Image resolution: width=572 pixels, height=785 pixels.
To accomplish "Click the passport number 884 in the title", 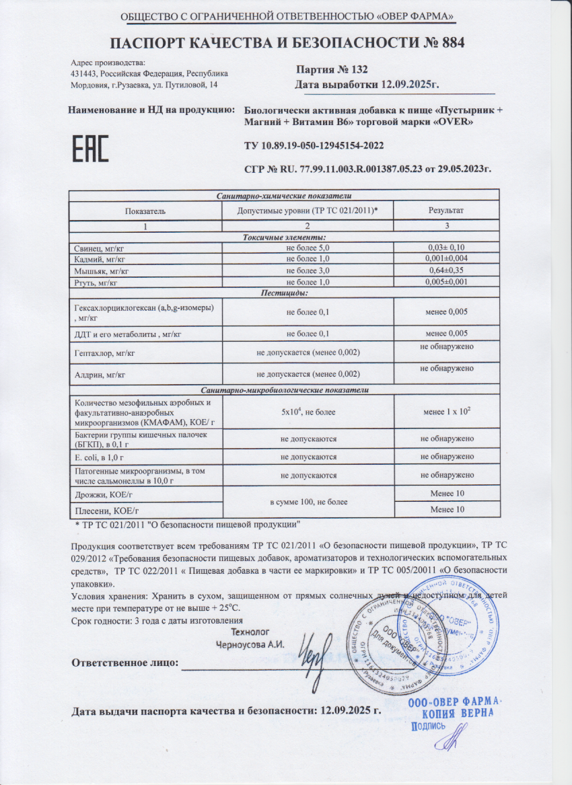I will coord(445,43).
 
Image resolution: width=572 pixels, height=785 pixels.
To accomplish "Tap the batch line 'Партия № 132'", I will coord(332,70).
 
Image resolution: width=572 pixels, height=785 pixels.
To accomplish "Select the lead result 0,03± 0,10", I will coord(446,248).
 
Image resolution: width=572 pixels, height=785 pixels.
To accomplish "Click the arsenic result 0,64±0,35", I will coord(446,270).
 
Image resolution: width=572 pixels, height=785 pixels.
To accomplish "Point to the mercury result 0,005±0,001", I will coord(446,282).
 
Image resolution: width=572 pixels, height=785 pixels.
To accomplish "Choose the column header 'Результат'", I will coord(446,211).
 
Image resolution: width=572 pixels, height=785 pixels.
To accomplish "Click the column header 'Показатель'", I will coord(145,211).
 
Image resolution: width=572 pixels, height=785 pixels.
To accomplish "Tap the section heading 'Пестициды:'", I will coord(284,293).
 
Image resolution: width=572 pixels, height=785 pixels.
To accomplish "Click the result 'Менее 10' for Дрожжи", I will coord(446,494).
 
